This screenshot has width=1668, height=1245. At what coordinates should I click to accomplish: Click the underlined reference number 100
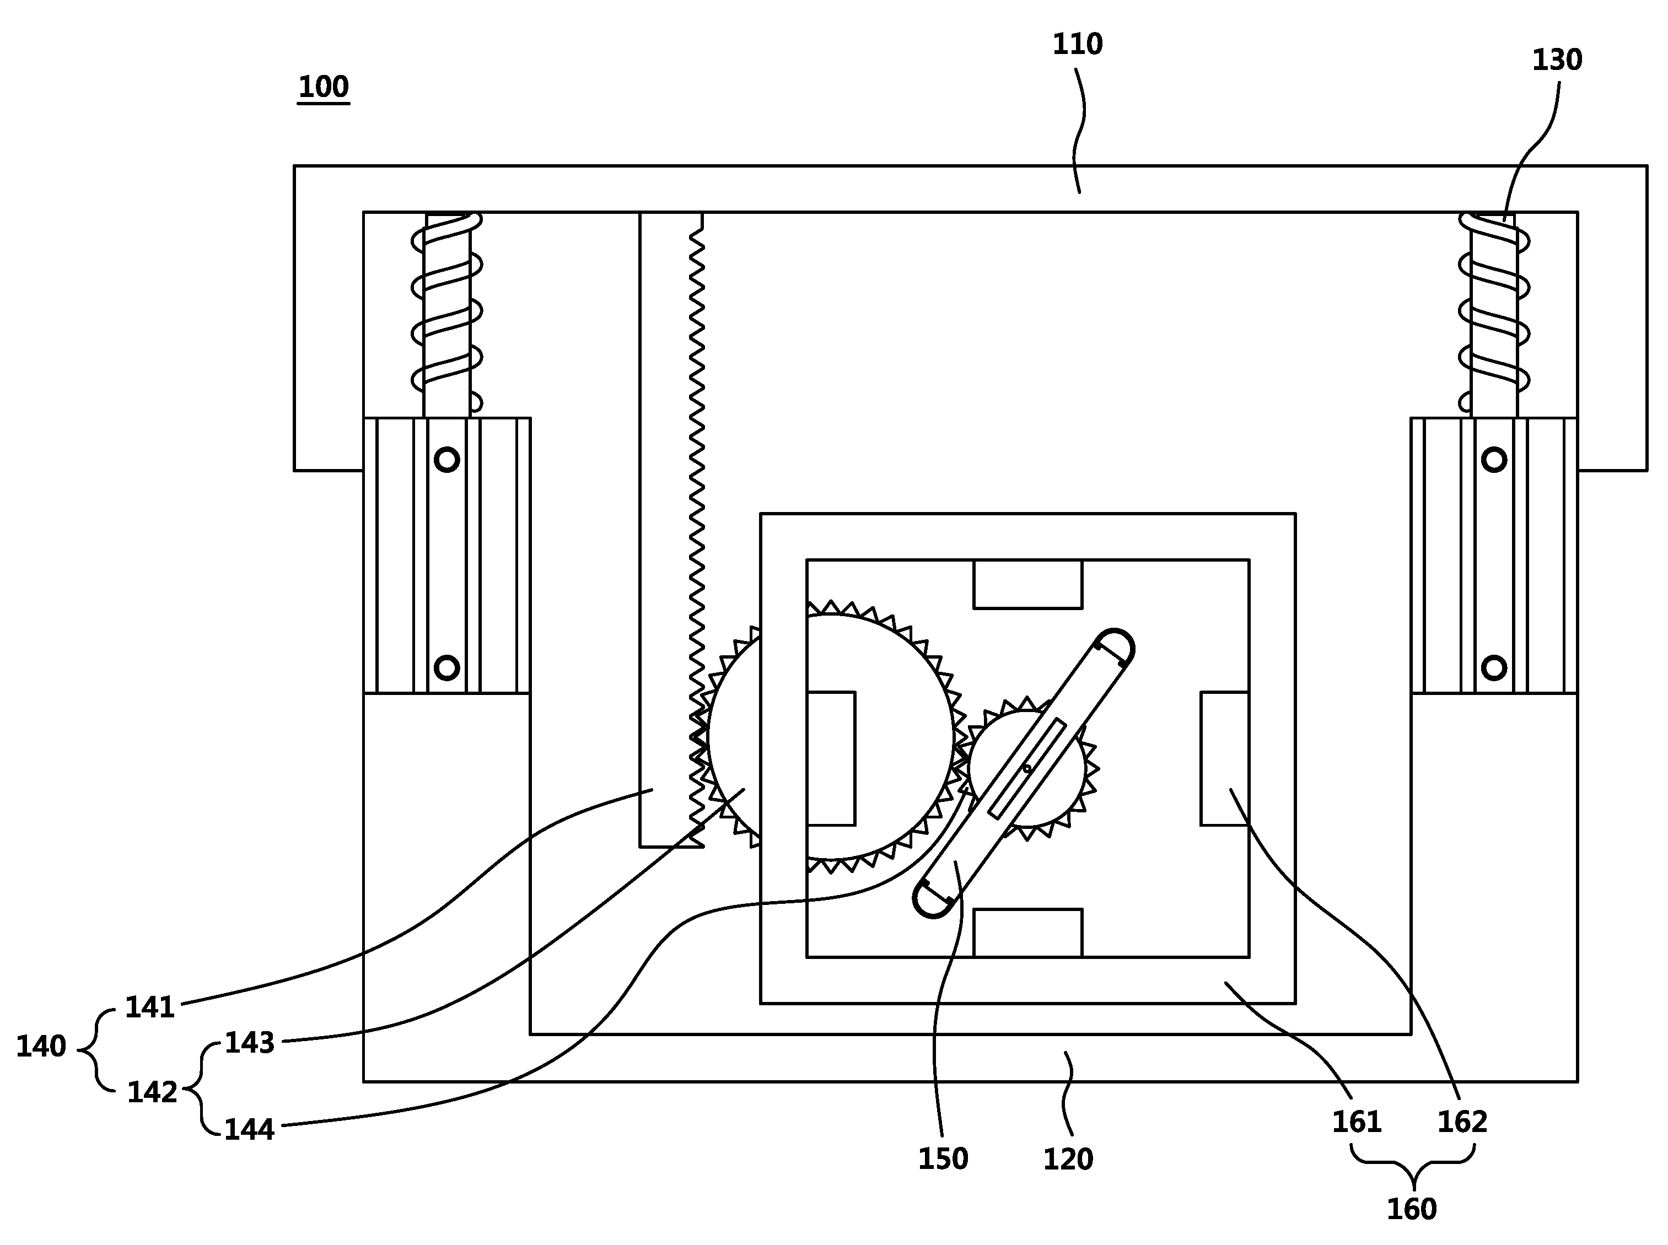[x=324, y=88]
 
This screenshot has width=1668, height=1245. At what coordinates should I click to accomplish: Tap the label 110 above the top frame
[x=1077, y=45]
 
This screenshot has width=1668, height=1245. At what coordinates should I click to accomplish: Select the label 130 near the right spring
[x=1557, y=60]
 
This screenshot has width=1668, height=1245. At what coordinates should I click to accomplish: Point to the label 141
[x=150, y=1007]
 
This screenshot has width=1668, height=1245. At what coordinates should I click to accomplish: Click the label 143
[x=250, y=1043]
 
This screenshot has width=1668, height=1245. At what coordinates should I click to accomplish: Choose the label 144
[x=250, y=1130]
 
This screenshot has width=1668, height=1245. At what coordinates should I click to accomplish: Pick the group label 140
[x=41, y=1046]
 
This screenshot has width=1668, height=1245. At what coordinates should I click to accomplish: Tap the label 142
[x=152, y=1092]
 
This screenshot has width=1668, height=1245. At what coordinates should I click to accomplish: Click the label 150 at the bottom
[x=943, y=1159]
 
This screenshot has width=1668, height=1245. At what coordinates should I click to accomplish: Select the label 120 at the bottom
[x=1068, y=1159]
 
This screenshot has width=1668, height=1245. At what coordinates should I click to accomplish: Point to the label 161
[x=1357, y=1122]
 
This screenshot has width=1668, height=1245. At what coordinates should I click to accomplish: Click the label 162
[x=1462, y=1122]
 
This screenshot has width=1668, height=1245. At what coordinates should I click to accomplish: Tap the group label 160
[x=1412, y=1209]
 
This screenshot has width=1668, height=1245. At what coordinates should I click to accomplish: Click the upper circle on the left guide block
[x=447, y=460]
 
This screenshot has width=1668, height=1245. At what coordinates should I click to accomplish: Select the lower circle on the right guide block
[x=1494, y=668]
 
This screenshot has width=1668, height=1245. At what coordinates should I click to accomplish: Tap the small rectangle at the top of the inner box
[x=1028, y=584]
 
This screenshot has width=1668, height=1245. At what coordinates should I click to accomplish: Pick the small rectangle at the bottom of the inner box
[x=1028, y=933]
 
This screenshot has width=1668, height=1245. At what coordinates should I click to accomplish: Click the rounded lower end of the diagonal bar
[x=932, y=899]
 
